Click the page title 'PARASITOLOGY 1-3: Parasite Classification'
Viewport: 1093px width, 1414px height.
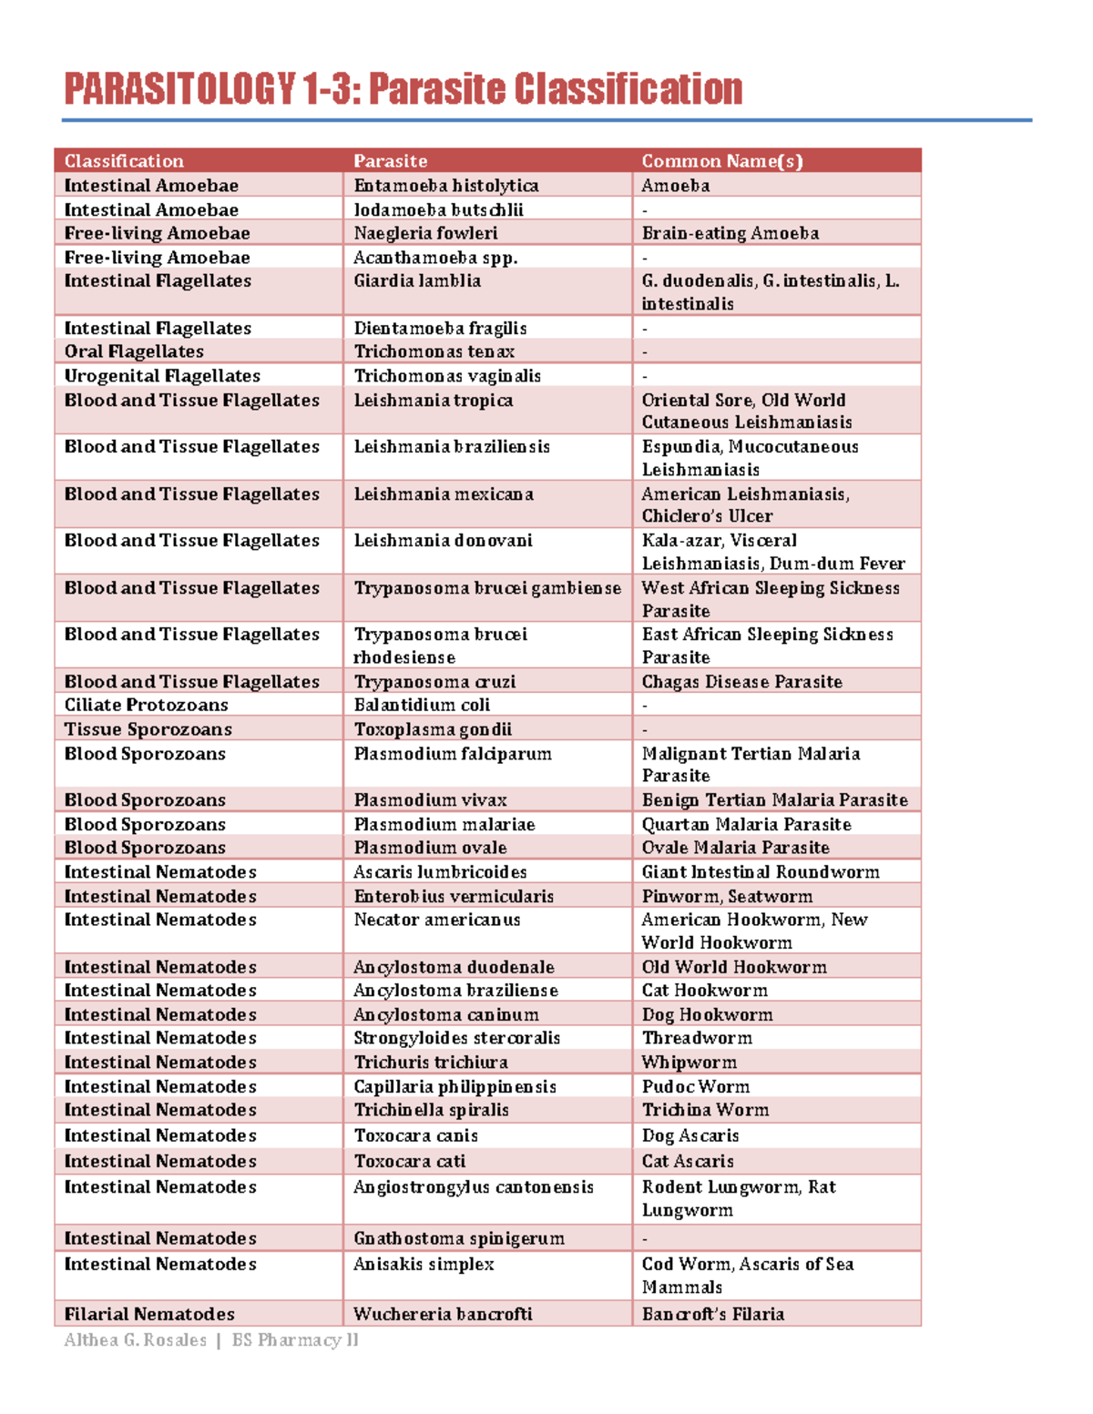403,90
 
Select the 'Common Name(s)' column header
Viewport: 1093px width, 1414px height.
721,161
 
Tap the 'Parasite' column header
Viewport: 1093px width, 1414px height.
390,161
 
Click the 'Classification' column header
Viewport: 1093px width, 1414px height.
124,161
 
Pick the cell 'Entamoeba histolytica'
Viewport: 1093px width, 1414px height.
445,186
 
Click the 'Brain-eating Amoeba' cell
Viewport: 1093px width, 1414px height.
730,233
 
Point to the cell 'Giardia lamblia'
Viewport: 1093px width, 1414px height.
417,281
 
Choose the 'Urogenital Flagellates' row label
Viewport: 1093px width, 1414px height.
162,376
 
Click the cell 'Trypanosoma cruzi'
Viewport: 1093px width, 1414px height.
434,682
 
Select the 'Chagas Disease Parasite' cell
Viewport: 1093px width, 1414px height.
741,682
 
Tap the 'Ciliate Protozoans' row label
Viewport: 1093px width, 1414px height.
146,705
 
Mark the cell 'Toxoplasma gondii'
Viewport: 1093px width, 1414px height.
433,729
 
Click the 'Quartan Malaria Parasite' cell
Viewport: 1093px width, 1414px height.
746,824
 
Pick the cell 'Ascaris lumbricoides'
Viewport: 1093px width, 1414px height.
440,872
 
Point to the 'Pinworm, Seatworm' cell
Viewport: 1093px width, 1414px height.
727,896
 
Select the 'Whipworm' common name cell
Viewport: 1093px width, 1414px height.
689,1063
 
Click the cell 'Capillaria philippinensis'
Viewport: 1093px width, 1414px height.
455,1086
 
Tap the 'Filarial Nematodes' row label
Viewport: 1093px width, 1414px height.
149,1314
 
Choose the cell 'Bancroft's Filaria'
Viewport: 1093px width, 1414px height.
712,1314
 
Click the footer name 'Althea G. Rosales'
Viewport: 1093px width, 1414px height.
135,1340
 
